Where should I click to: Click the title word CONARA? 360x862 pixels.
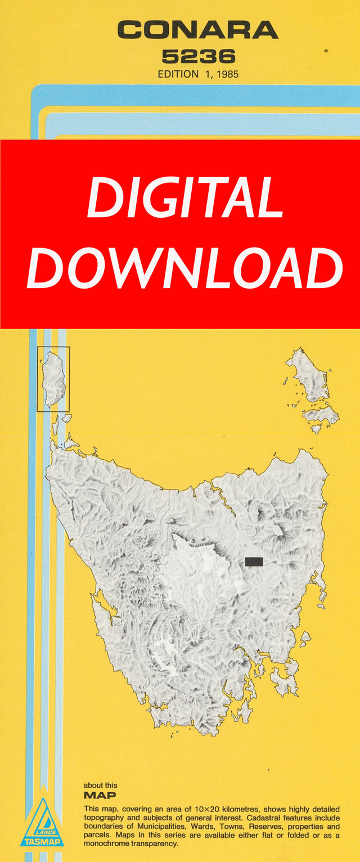pos(197,30)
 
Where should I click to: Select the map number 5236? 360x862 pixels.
pos(198,57)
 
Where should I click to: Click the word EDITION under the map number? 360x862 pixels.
pos(178,74)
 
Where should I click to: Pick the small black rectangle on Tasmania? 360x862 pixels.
pos(254,561)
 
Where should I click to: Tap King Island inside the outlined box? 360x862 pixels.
pos(53,379)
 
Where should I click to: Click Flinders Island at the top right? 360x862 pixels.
pos(309,374)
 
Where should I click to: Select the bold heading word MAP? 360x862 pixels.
pos(100,795)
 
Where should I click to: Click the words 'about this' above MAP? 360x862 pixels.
pos(101,785)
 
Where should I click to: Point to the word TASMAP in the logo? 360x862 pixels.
pos(42,842)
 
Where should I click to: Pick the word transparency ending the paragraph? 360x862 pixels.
pos(151,843)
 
